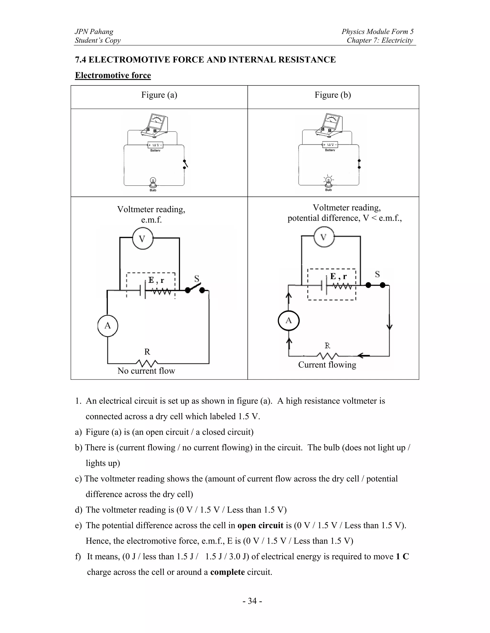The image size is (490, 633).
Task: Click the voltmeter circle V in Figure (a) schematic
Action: coord(142,239)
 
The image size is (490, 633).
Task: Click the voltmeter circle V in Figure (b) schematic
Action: coord(324,237)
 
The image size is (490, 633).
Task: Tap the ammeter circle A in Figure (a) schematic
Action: coord(108,326)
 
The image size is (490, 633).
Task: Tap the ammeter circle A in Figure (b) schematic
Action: coord(289,321)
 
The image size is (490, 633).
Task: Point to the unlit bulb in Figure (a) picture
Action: coord(153,182)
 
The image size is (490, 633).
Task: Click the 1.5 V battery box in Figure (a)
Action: coord(155,145)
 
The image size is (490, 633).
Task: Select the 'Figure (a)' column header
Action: coord(159,95)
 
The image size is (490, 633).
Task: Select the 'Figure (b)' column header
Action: coord(333,95)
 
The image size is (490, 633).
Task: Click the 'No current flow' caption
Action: coord(146,371)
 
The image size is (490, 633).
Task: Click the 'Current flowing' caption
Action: coord(327,365)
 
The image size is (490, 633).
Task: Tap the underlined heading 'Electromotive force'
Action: coord(113,75)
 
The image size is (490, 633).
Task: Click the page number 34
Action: coord(252,601)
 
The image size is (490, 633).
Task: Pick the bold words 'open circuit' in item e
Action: coord(260,526)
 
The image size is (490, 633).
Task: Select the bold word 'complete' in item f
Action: coord(227,572)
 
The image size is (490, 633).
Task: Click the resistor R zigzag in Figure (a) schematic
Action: coord(147,363)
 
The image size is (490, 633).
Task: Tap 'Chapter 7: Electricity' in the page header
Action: coord(380,40)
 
